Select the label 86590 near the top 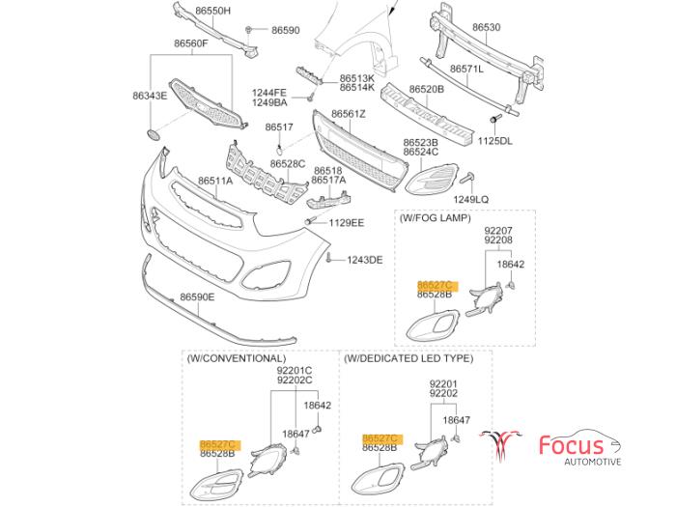(x=286, y=31)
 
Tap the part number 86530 (x=486, y=28)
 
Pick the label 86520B (x=426, y=89)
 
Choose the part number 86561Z (x=349, y=114)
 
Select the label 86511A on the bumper (x=216, y=181)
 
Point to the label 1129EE (x=345, y=222)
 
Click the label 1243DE (x=364, y=260)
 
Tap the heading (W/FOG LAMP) (x=435, y=218)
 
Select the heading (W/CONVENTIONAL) (x=237, y=358)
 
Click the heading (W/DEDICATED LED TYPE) (x=408, y=358)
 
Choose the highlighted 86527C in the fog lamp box (x=435, y=285)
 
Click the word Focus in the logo (x=571, y=445)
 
